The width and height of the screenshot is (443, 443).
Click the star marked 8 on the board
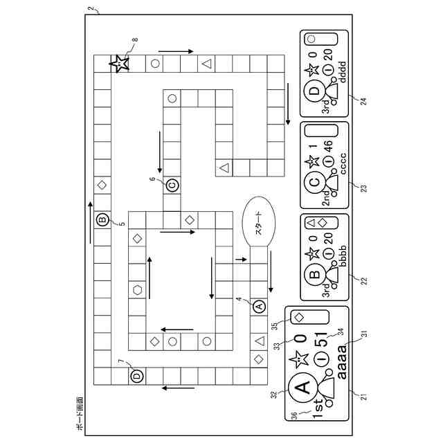(120, 64)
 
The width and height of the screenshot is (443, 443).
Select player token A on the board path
(259, 305)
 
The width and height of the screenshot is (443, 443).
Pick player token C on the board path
(172, 185)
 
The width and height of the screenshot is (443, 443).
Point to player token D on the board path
(136, 375)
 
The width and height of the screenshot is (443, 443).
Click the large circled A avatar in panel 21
(302, 388)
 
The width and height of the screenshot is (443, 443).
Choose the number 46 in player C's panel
(329, 146)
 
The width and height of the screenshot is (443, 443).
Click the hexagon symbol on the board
(137, 289)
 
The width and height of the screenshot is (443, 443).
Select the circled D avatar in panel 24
(315, 92)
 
